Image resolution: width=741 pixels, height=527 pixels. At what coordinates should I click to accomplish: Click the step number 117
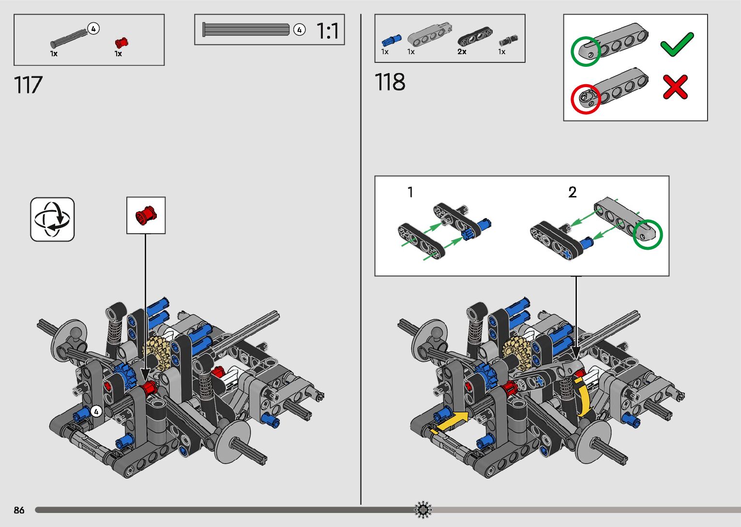[29, 85]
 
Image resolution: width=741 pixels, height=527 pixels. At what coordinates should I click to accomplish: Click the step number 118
[390, 82]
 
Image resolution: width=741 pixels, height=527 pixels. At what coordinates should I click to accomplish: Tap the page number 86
[19, 510]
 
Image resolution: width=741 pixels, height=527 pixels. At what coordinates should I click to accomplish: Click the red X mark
[675, 87]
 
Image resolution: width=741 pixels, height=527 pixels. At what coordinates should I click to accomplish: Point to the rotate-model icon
[52, 219]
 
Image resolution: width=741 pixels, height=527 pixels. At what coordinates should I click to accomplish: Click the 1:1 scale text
[328, 31]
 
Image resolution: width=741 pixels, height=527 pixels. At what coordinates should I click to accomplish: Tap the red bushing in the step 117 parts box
[121, 42]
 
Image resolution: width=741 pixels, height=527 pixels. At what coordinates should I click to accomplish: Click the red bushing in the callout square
[146, 215]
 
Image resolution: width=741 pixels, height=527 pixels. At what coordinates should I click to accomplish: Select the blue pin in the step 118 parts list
[391, 40]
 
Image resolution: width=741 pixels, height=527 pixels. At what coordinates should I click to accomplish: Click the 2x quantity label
[462, 51]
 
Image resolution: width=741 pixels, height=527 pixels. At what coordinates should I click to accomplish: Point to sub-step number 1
[410, 192]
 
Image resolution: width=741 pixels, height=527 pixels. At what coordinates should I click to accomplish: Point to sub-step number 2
[572, 192]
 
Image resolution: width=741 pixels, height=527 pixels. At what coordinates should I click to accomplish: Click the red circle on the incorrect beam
[586, 99]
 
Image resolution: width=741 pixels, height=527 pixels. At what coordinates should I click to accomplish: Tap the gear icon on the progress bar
[423, 510]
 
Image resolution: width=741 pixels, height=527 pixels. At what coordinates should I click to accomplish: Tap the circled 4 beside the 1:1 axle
[299, 30]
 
